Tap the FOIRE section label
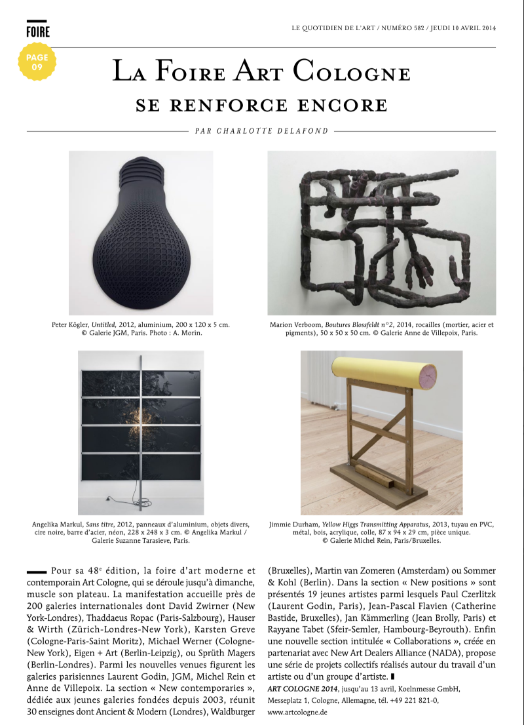coord(38,31)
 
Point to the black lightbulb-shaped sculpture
coord(141,233)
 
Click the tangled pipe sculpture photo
coord(381,233)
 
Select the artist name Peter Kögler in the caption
coord(71,324)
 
